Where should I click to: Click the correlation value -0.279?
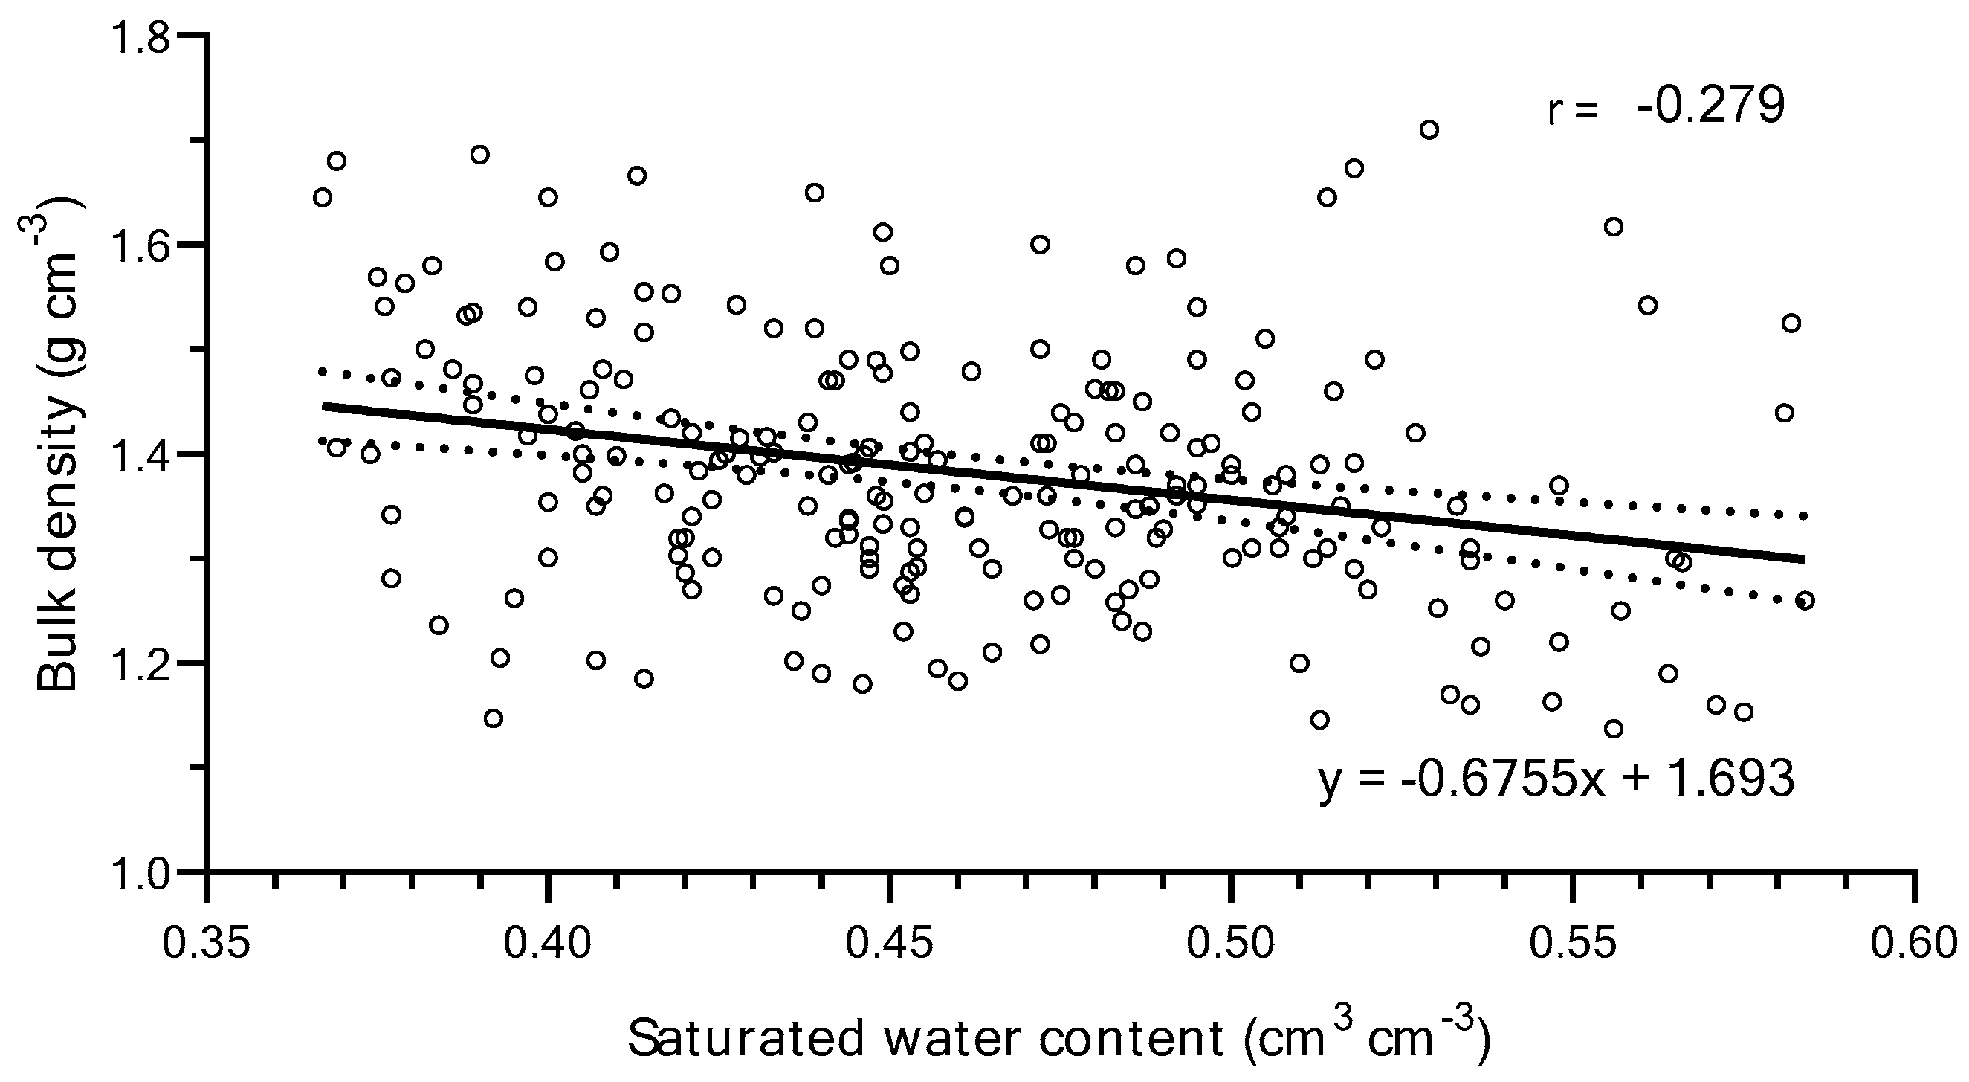click(1710, 107)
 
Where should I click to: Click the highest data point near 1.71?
click(1429, 129)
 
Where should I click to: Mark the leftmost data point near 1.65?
click(323, 197)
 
